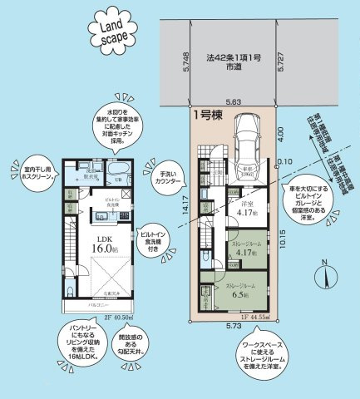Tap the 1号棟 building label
click(207, 116)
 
